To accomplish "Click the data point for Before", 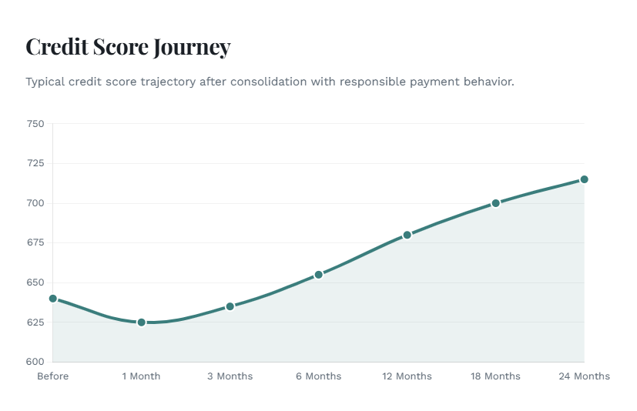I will (x=52, y=299).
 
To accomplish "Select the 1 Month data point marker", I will (x=141, y=322).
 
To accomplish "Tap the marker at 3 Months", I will (x=230, y=306).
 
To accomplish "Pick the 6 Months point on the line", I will (x=318, y=275).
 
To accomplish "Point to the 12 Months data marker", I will (x=407, y=235).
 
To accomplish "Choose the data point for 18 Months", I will (x=495, y=203).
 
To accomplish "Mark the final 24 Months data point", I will (x=584, y=179).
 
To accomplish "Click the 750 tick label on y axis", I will (x=36, y=124).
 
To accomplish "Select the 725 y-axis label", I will (x=36, y=163).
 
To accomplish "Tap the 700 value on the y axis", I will (x=36, y=203).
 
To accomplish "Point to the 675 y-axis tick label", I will (x=36, y=243).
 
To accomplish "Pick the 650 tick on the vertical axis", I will (x=36, y=282).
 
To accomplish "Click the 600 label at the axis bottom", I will (x=36, y=362).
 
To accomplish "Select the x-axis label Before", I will (x=52, y=376).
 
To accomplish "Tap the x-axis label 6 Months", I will (x=318, y=376).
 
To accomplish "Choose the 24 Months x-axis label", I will (x=584, y=376).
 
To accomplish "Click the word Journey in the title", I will (x=192, y=48).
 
